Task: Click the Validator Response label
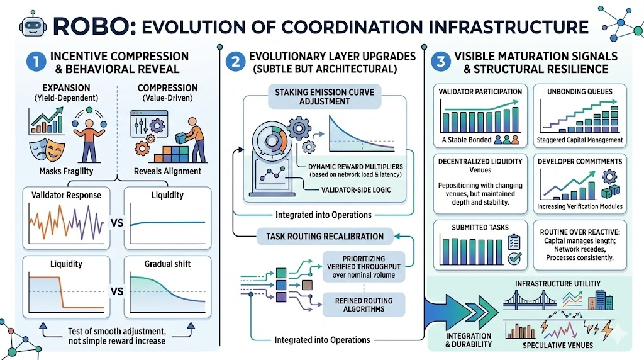click(66, 194)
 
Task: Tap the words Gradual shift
click(168, 265)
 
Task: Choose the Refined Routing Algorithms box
click(364, 305)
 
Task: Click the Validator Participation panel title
click(480, 92)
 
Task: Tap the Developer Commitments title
click(580, 161)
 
